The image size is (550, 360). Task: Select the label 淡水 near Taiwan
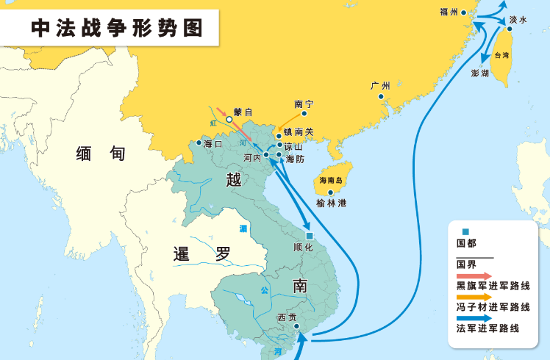pyautogui.click(x=518, y=21)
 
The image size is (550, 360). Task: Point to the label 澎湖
pyautogui.click(x=480, y=73)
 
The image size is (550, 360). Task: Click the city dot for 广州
pyautogui.click(x=381, y=96)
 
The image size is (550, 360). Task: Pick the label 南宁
pyautogui.click(x=303, y=104)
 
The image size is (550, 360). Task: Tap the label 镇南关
pyautogui.click(x=299, y=132)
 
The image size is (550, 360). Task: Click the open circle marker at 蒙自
pyautogui.click(x=229, y=120)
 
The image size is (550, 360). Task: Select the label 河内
pyautogui.click(x=251, y=157)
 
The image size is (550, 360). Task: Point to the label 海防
pyautogui.click(x=295, y=159)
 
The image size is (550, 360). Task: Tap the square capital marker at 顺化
pyautogui.click(x=310, y=235)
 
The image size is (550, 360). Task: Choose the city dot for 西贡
pyautogui.click(x=296, y=326)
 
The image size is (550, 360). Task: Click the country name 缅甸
pyautogui.click(x=101, y=154)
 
